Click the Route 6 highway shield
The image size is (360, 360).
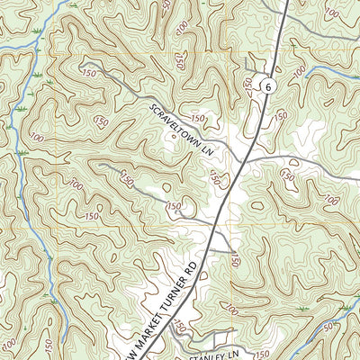(x=266, y=85)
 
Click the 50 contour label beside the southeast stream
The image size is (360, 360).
(x=325, y=326)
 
